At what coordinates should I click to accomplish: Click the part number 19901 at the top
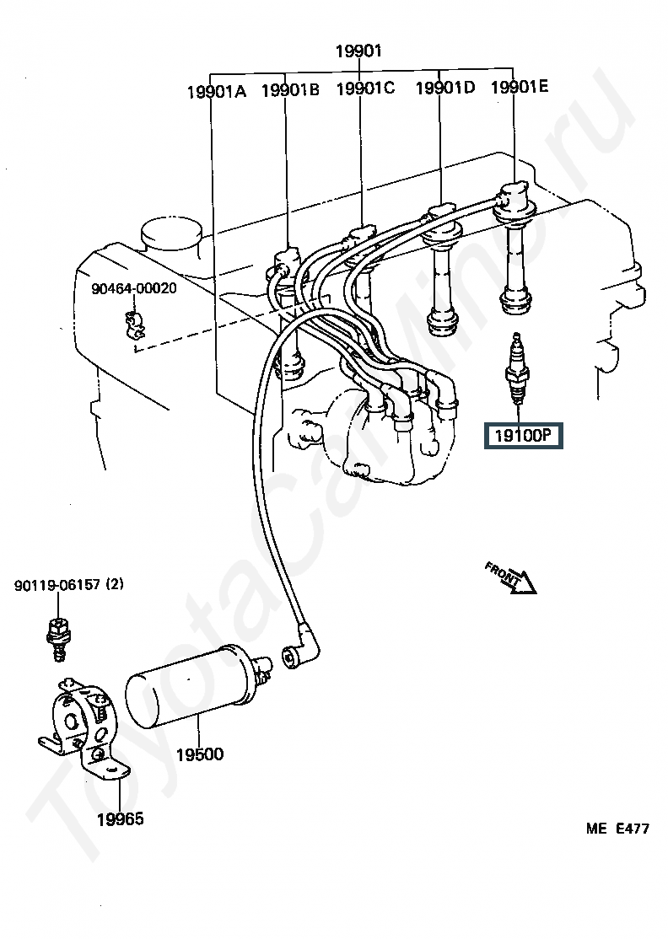358,51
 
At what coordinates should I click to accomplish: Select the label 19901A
217,92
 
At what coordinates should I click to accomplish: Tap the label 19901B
291,90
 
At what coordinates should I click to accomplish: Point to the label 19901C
365,89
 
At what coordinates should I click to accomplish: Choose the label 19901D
445,88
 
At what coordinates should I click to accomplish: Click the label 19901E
520,87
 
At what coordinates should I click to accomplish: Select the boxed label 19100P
523,436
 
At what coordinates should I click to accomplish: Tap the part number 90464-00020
134,288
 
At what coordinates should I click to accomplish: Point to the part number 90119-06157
57,584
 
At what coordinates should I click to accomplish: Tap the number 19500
200,754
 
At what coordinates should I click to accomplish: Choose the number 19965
120,819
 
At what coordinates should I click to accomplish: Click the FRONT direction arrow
511,577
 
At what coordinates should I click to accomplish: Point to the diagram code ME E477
617,829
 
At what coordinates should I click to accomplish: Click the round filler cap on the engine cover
170,238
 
